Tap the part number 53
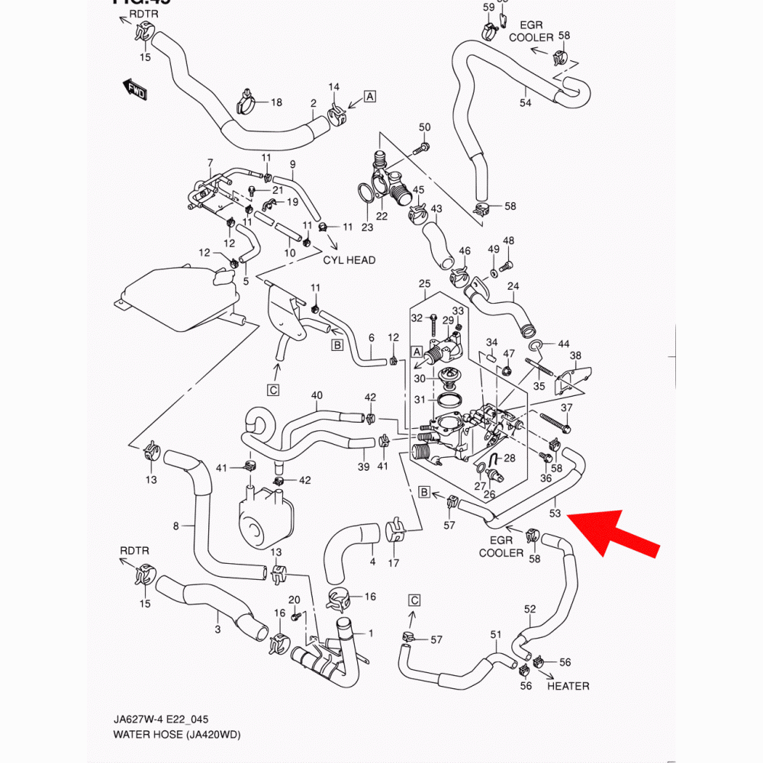(555, 513)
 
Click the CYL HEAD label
(349, 260)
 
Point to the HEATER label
(568, 686)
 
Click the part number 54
(525, 102)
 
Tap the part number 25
(425, 284)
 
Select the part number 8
(176, 526)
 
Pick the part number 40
(317, 395)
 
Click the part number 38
(575, 356)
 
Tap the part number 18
(275, 102)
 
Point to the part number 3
(217, 629)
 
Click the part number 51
(496, 634)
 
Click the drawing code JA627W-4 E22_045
(156, 720)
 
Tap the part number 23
(367, 227)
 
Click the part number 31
(419, 400)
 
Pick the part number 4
(372, 562)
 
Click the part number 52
(530, 609)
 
